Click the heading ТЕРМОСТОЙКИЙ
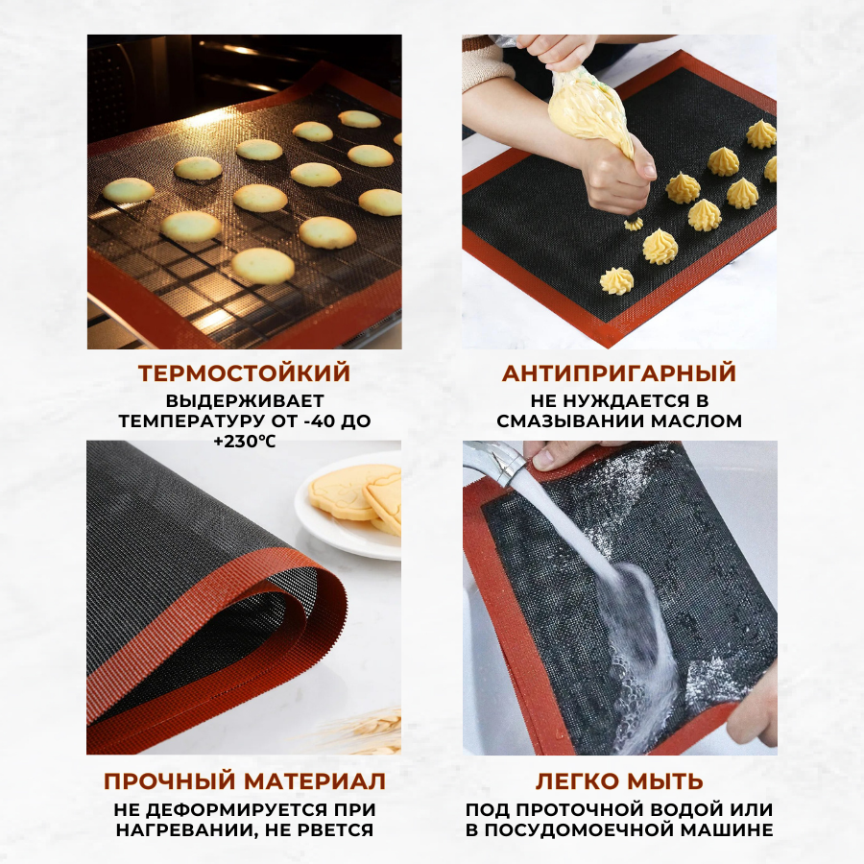tap(244, 373)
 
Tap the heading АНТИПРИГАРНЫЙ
tap(619, 373)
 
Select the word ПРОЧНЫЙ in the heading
tap(170, 781)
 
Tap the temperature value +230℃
tap(244, 442)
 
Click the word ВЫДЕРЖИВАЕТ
tap(245, 400)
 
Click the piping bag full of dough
tap(589, 113)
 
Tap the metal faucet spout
tap(497, 462)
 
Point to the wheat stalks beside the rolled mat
tap(364, 731)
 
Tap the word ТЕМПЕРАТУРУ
tap(193, 421)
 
